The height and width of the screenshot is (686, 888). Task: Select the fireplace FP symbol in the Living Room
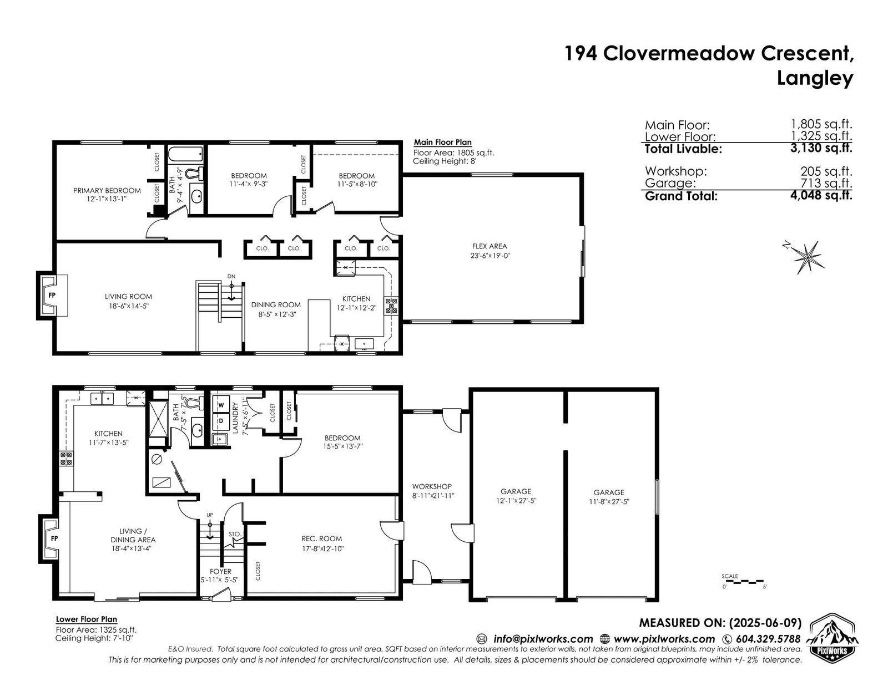52,295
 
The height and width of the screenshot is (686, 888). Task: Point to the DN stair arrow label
231,276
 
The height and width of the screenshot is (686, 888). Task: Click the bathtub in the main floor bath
185,155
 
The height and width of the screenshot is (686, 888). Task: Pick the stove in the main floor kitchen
391,306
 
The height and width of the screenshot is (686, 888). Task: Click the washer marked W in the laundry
221,405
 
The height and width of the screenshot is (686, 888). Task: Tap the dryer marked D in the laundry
221,421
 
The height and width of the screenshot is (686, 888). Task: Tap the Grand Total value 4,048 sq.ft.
821,195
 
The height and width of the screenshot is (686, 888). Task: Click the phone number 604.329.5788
768,639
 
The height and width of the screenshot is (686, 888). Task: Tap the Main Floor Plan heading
442,142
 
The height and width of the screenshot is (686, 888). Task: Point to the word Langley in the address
815,78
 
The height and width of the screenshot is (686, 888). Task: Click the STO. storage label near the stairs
235,534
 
